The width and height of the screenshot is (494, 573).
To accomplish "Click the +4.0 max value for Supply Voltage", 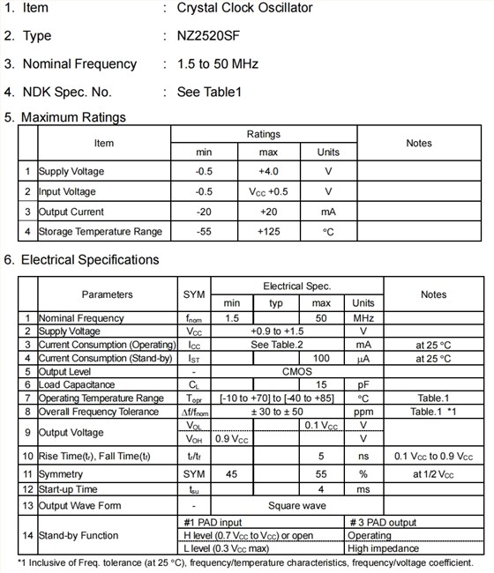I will [x=268, y=171].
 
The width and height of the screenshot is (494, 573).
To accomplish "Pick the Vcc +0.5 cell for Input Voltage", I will [x=268, y=191].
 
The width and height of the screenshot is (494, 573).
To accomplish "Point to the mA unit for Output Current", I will [x=328, y=212].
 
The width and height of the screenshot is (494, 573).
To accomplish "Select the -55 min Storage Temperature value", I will [x=204, y=232].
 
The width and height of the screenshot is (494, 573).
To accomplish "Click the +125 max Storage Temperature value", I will [x=268, y=232].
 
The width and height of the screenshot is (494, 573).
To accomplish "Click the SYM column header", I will [x=193, y=294].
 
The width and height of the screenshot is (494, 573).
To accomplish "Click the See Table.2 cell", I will [x=277, y=345].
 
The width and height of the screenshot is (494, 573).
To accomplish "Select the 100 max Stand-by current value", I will [x=322, y=359].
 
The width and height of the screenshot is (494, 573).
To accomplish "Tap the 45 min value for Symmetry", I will [x=232, y=474].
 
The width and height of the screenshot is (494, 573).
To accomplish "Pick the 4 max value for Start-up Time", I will [x=322, y=489].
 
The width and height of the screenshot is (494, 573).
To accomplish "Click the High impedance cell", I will [x=385, y=549].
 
